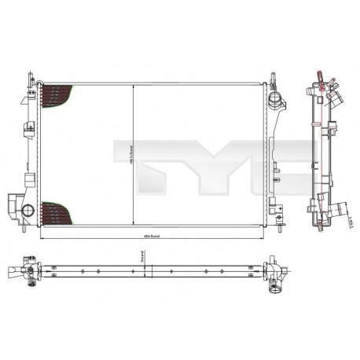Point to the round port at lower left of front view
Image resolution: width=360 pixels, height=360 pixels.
click(28, 210)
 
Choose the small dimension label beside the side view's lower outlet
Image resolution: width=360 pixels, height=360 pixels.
click(348, 225)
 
